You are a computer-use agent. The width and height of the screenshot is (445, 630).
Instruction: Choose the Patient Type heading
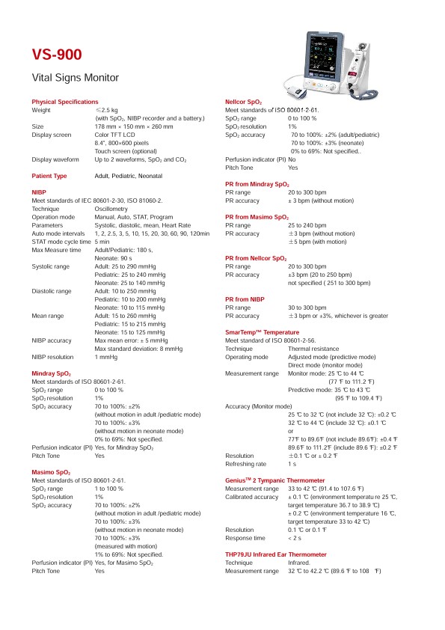tap(49, 176)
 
